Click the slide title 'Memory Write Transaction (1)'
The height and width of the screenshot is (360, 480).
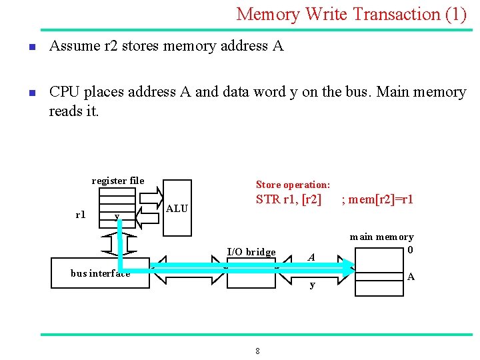(x=351, y=14)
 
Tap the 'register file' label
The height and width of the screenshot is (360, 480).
(x=117, y=181)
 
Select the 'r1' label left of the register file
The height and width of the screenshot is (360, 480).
(x=80, y=215)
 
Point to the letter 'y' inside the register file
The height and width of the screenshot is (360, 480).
(x=117, y=216)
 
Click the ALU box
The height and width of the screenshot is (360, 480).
(x=177, y=208)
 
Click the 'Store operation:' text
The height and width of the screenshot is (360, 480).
(x=293, y=185)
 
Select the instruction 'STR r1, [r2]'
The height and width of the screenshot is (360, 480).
(x=289, y=199)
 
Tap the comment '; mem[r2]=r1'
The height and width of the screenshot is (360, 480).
(x=377, y=199)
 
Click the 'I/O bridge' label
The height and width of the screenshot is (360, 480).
(x=251, y=252)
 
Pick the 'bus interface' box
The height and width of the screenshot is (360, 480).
(x=100, y=273)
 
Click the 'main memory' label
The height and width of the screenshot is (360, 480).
(x=381, y=237)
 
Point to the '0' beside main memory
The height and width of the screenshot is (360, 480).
(x=410, y=250)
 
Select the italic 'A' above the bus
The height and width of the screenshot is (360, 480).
(x=311, y=257)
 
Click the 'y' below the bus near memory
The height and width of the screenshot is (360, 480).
(x=311, y=285)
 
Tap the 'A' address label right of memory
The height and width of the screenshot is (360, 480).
(x=411, y=277)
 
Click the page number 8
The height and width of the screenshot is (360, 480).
(x=257, y=351)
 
